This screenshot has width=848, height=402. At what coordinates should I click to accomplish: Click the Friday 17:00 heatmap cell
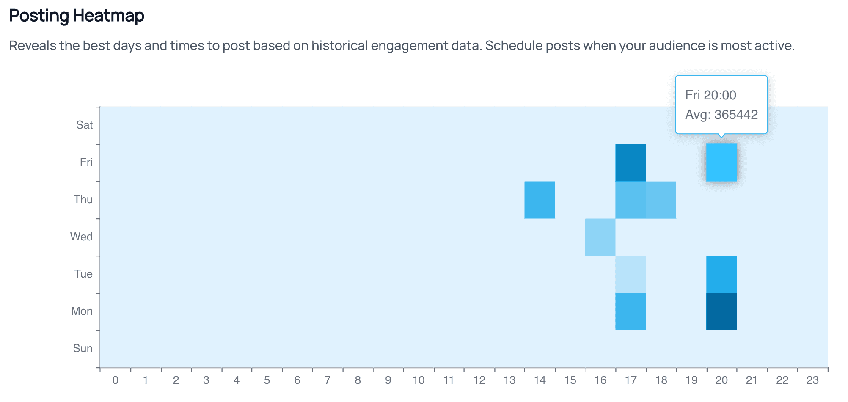tap(630, 163)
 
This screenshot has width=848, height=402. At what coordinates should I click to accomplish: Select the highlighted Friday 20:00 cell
tap(721, 163)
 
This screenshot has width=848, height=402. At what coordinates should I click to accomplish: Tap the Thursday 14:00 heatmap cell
tap(540, 200)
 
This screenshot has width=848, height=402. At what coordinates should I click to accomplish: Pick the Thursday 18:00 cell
tap(661, 200)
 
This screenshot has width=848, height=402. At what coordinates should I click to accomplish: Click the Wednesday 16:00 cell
tap(600, 237)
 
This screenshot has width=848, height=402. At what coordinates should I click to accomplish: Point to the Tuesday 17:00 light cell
tap(630, 275)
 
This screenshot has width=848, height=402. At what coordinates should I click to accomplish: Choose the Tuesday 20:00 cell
tap(721, 275)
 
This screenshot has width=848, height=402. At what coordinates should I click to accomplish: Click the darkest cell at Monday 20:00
tap(721, 312)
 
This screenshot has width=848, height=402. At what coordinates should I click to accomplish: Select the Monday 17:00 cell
tap(630, 312)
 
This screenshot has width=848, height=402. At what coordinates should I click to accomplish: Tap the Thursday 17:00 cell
tap(630, 200)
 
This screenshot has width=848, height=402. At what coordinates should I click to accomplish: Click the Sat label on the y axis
tap(85, 125)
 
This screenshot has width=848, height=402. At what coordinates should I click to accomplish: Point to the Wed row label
tap(81, 237)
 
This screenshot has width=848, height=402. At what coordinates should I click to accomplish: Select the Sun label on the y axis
tap(83, 348)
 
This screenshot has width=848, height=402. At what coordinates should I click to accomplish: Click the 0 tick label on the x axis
tap(115, 380)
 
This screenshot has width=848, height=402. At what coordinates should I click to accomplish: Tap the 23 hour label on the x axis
tap(812, 380)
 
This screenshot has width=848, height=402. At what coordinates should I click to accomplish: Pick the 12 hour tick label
tap(479, 380)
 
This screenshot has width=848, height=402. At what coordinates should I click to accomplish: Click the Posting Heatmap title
tap(77, 16)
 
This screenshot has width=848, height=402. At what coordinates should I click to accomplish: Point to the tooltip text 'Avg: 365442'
tap(721, 115)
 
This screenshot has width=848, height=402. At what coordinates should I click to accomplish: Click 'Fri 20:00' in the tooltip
tap(711, 95)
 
